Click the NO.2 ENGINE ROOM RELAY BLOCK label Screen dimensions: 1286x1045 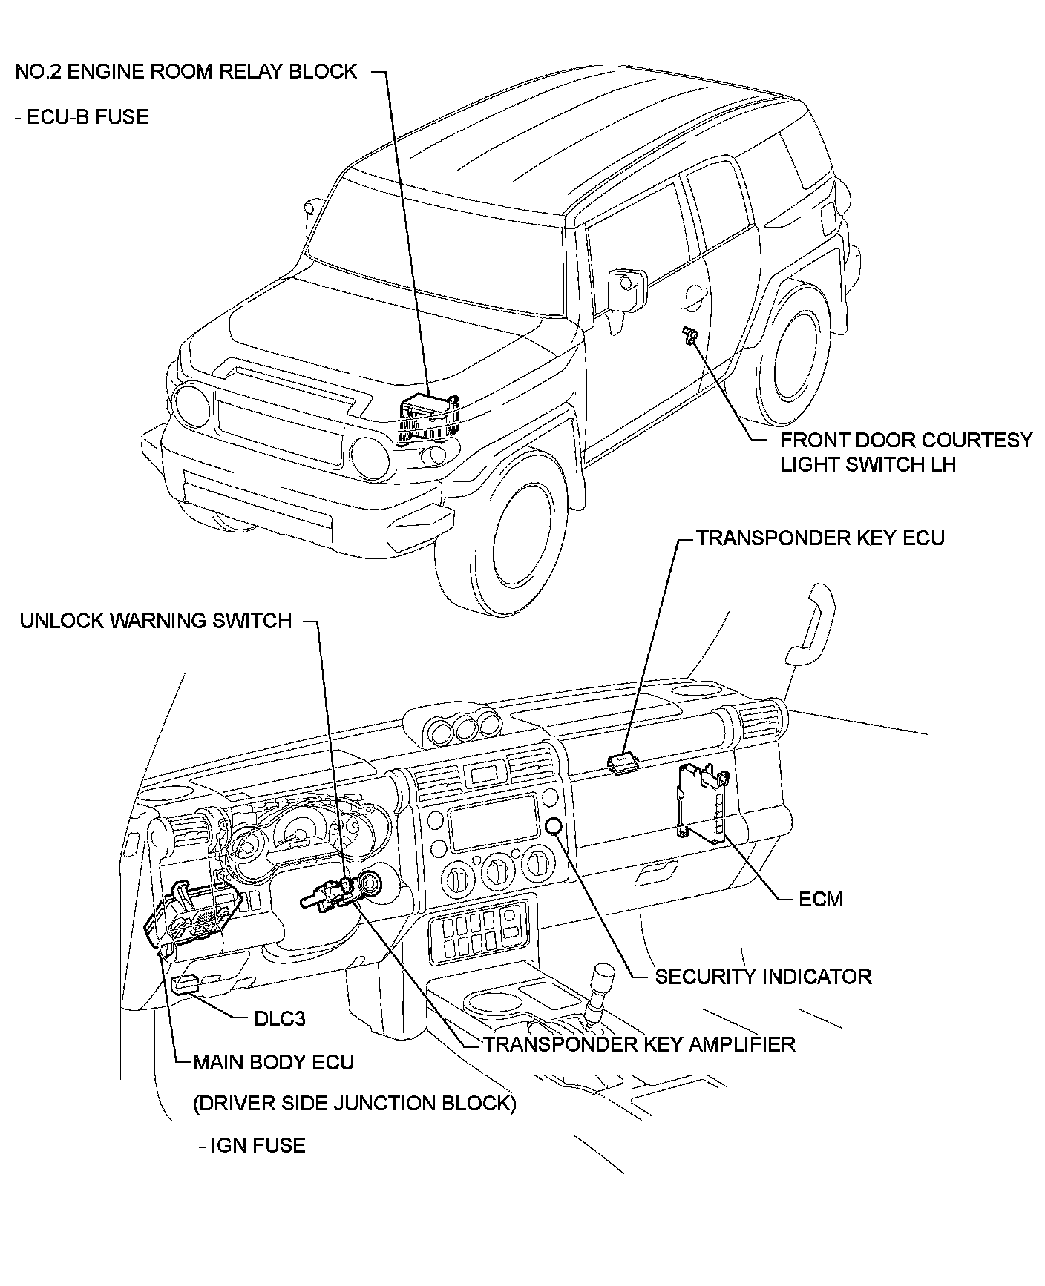186,72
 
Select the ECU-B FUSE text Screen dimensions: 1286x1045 82,117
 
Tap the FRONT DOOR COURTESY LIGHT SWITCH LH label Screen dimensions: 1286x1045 905,452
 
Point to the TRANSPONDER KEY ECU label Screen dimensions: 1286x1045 820,538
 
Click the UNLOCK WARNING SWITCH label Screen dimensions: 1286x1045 156,621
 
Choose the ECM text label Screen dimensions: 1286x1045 821,899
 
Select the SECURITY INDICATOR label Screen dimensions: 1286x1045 762,976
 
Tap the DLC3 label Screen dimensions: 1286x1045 279,1018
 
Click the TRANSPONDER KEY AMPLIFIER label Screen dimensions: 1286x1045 639,1044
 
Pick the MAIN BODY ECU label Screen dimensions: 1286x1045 273,1062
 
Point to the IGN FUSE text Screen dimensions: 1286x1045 252,1145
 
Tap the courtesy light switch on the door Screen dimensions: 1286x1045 689,334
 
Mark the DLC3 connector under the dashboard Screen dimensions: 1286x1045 185,983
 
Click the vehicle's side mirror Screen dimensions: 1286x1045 626,290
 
